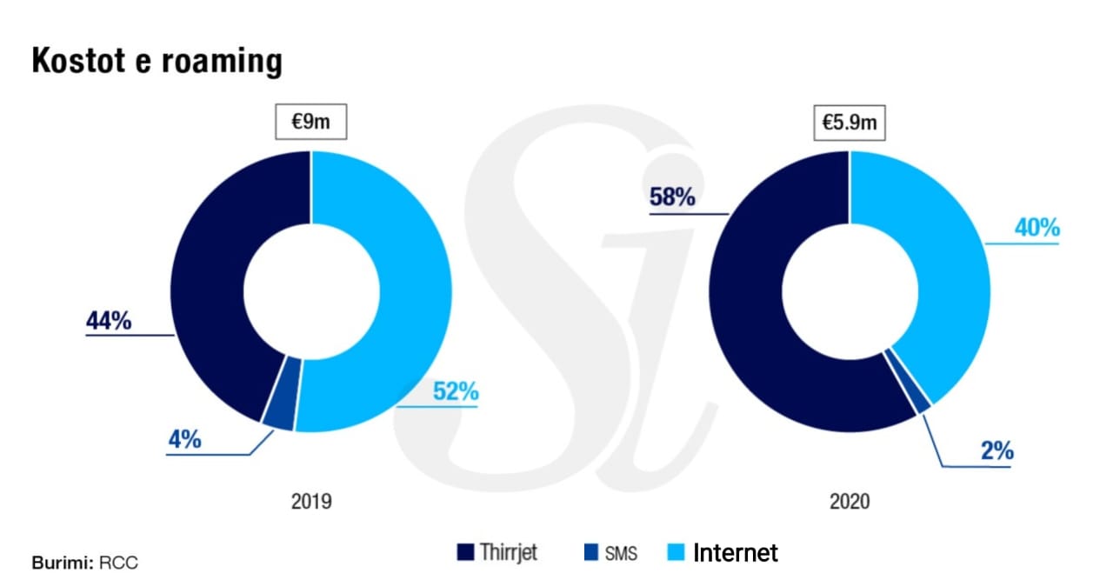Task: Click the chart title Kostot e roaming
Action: [157, 62]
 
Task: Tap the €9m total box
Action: [310, 122]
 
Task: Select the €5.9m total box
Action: [850, 123]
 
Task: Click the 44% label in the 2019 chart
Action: [109, 321]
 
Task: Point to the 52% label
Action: [456, 391]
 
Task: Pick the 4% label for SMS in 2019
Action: [184, 439]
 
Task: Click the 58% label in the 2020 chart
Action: [672, 197]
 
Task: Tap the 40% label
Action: [1036, 228]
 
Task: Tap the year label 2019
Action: [310, 502]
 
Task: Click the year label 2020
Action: [849, 502]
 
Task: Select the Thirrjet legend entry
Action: [497, 552]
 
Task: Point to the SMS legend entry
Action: [609, 553]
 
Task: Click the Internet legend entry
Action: [723, 552]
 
